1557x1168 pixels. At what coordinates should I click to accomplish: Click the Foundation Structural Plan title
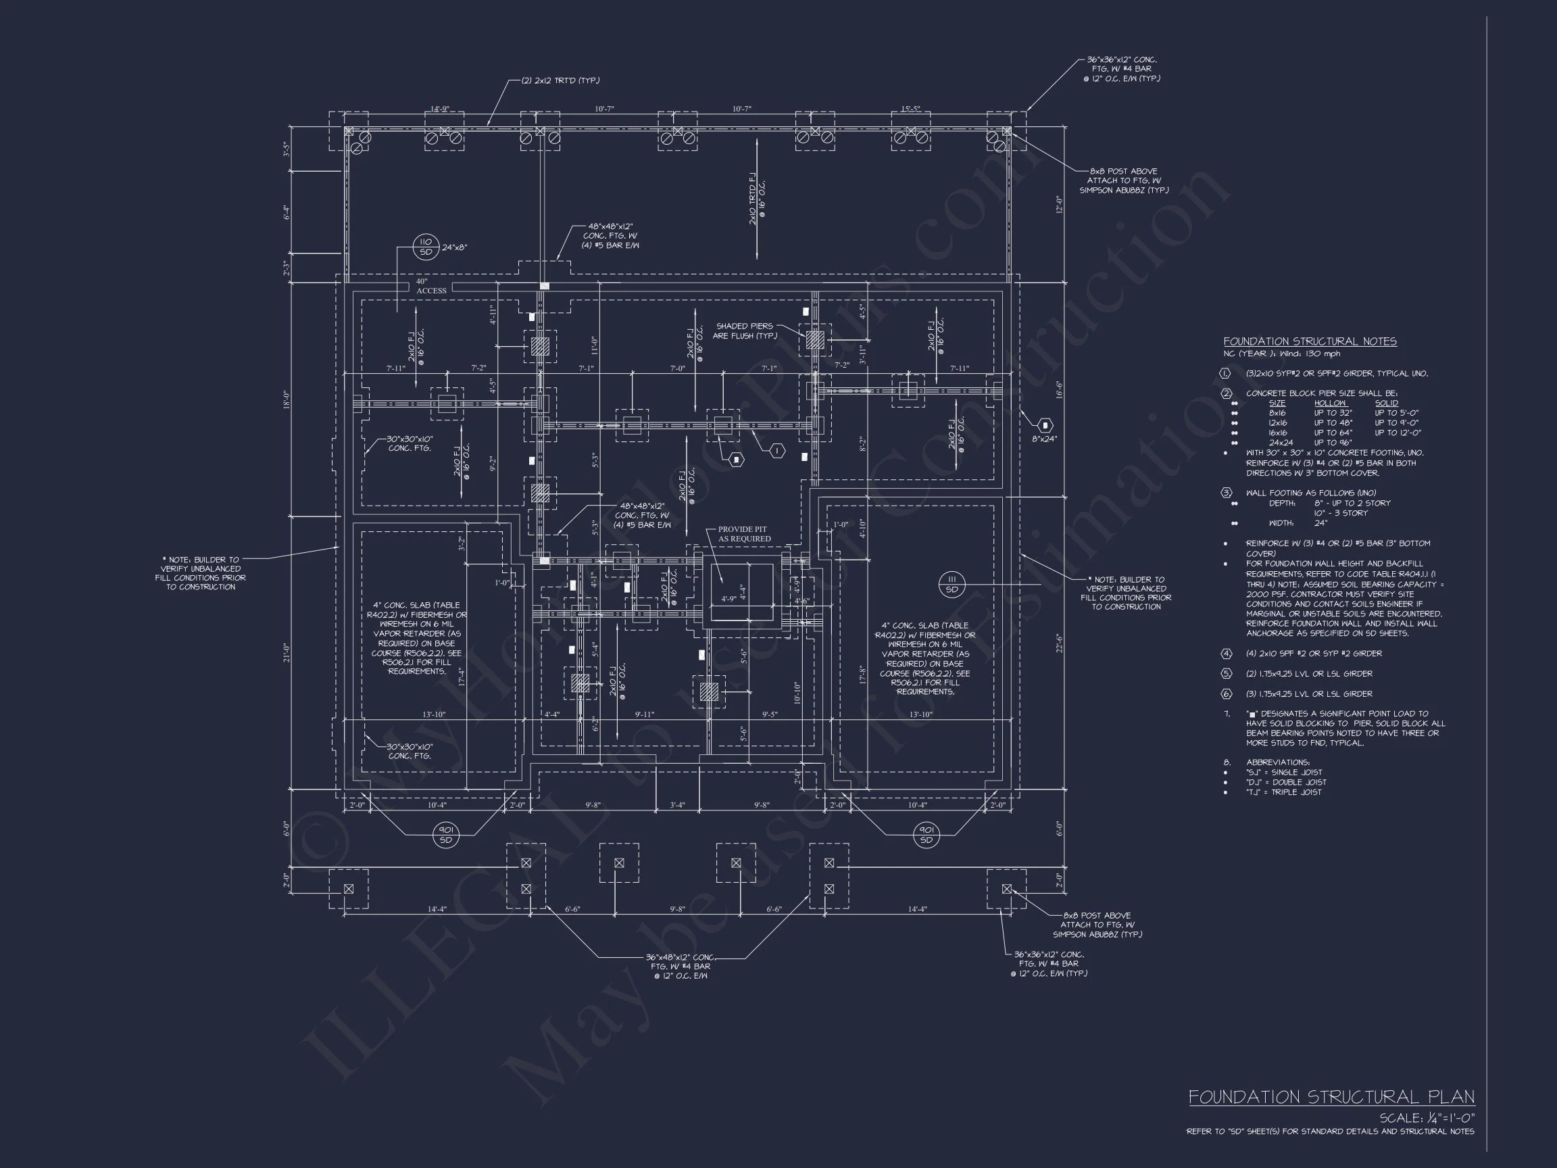[1331, 1097]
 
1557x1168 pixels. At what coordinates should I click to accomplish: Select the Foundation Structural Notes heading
[1309, 341]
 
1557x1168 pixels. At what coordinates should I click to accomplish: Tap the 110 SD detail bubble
[426, 247]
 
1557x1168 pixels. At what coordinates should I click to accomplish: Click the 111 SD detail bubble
[951, 583]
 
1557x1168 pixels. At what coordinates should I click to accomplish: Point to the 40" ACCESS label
[430, 286]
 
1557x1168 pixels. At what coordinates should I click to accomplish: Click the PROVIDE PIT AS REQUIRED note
[743, 534]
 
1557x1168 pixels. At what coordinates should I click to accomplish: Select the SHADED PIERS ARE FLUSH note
[744, 331]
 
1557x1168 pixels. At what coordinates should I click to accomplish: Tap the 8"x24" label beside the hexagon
[1045, 439]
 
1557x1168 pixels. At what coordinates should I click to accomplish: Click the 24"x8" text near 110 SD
[454, 248]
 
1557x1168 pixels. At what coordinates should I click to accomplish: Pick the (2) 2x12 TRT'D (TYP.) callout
[560, 81]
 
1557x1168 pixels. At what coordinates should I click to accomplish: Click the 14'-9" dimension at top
[439, 109]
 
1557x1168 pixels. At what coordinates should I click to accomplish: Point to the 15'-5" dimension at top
[910, 109]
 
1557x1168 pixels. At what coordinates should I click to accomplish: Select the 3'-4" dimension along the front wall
[676, 805]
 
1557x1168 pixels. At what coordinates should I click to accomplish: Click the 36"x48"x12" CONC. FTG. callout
[681, 966]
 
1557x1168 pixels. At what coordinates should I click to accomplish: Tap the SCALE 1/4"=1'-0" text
[1426, 1118]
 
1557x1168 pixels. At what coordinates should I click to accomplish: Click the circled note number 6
[1227, 693]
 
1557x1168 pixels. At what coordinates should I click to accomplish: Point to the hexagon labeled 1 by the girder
[777, 451]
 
